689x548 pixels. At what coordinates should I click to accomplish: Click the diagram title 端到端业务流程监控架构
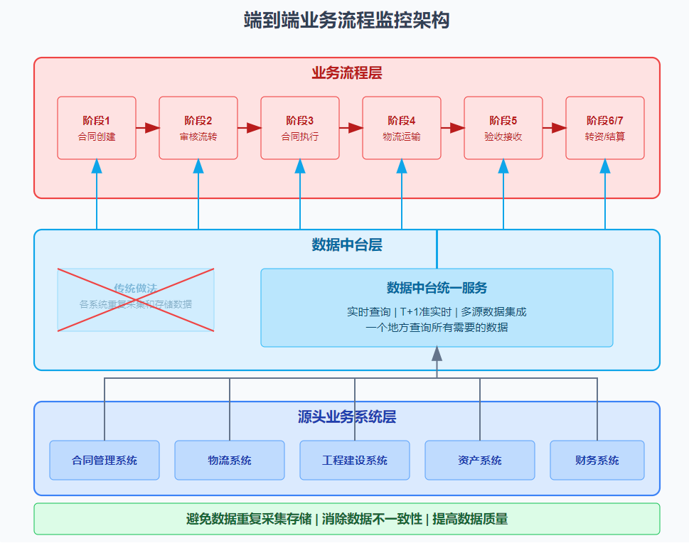tap(346, 21)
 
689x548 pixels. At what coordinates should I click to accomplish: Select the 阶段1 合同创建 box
tap(97, 128)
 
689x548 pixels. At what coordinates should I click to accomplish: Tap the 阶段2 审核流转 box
tap(198, 128)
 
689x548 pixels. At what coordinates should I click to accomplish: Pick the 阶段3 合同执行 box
tap(300, 128)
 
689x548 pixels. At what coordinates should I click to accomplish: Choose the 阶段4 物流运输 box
tap(402, 128)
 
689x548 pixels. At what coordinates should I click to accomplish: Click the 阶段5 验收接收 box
tap(503, 128)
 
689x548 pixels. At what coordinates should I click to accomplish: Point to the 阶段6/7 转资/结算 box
tap(605, 128)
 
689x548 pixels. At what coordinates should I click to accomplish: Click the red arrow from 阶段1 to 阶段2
tap(147, 128)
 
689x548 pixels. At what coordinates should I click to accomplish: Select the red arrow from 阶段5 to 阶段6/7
tap(554, 128)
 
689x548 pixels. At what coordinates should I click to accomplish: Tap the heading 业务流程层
tap(346, 73)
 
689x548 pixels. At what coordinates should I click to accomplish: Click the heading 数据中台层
tap(346, 245)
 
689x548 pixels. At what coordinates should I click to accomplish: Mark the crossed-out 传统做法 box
tap(136, 299)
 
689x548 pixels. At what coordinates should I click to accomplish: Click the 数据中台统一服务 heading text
tap(437, 288)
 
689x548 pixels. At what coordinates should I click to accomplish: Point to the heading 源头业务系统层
tap(346, 417)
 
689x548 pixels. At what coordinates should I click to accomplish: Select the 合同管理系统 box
tap(105, 460)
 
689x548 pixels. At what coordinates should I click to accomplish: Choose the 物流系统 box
tap(230, 460)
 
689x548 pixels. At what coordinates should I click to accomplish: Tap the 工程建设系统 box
tap(355, 460)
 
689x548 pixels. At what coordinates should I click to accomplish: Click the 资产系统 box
tap(480, 460)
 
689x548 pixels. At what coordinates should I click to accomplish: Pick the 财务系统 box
tap(597, 460)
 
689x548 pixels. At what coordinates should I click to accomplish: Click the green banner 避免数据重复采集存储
tap(346, 519)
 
